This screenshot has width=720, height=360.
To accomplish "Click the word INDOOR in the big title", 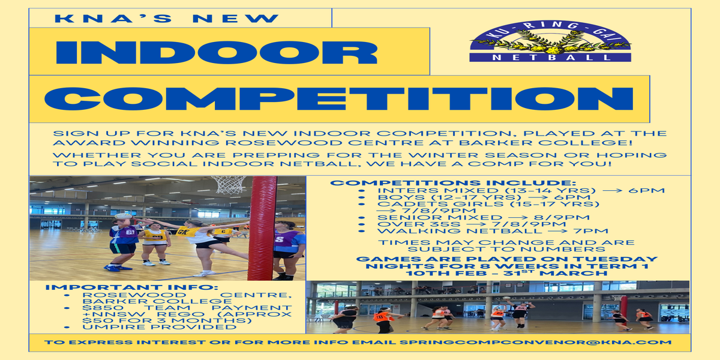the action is pos(217,52).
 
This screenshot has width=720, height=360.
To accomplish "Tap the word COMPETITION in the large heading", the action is pos(339,98).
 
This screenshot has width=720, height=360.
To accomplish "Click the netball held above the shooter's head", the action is pos(123,217).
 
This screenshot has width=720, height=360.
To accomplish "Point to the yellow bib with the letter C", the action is pos(223,232).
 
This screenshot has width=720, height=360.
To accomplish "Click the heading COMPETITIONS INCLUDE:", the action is pos(453,183).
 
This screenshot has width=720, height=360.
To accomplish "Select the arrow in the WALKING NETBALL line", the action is pos(560,231).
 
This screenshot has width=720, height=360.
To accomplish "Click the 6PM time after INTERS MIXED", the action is pos(646,190).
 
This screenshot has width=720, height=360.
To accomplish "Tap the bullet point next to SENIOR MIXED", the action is pos(362,218).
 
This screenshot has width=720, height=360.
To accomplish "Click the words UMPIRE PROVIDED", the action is pos(160,327).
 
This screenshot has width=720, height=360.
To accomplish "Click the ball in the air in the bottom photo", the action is pos(507,298).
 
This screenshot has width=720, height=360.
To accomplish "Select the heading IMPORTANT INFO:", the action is pos(132,287).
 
